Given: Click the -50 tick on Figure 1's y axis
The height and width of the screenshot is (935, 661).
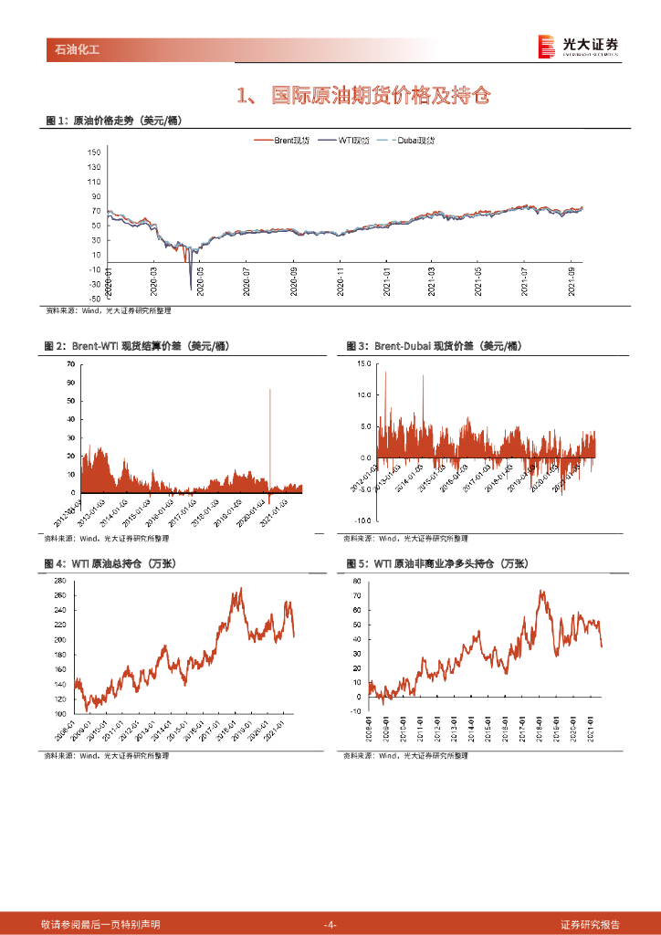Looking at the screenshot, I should (95, 299).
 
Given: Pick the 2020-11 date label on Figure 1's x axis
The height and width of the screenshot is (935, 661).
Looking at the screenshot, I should (341, 278).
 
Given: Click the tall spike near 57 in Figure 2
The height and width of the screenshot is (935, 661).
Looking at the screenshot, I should (269, 391).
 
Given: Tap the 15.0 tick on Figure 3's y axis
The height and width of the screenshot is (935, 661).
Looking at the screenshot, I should (365, 363).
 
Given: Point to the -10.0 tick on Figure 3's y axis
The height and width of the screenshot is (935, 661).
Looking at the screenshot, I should (363, 520).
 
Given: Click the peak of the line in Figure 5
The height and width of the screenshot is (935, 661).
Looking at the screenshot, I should (541, 591).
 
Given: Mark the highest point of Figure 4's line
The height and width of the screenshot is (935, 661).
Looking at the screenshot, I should (241, 588).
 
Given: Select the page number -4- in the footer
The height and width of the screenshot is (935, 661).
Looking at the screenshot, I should (330, 924).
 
